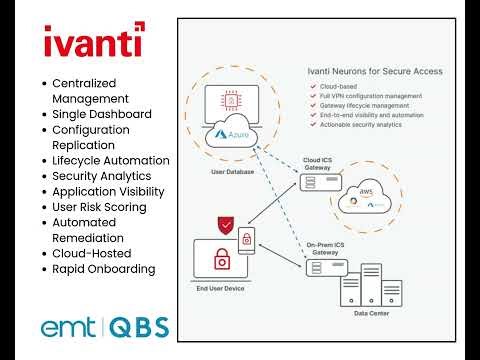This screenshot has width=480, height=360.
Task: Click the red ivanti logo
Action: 93,44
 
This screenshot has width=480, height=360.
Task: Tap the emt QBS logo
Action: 104,327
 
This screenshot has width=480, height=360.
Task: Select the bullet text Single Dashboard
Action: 101,115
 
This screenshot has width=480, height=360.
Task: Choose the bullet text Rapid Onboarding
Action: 103,269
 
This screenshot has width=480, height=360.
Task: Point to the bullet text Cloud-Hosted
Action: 92,254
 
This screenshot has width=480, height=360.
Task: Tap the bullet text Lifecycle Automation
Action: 110,161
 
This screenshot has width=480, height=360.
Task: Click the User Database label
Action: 233,172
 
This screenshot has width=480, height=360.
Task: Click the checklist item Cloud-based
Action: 345,87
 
